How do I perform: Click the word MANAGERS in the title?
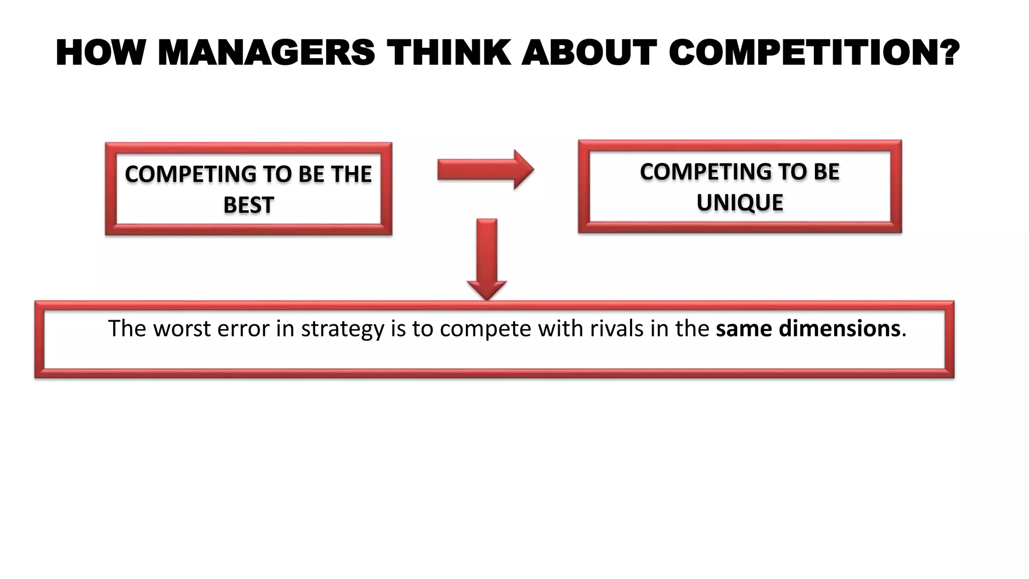(x=266, y=53)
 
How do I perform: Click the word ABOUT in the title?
(x=589, y=53)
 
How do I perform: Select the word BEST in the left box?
(x=248, y=205)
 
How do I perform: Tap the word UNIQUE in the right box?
(x=740, y=203)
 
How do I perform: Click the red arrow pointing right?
(x=485, y=170)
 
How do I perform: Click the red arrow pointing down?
(x=486, y=259)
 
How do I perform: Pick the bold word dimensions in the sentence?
(x=839, y=329)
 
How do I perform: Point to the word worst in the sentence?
(x=181, y=329)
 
